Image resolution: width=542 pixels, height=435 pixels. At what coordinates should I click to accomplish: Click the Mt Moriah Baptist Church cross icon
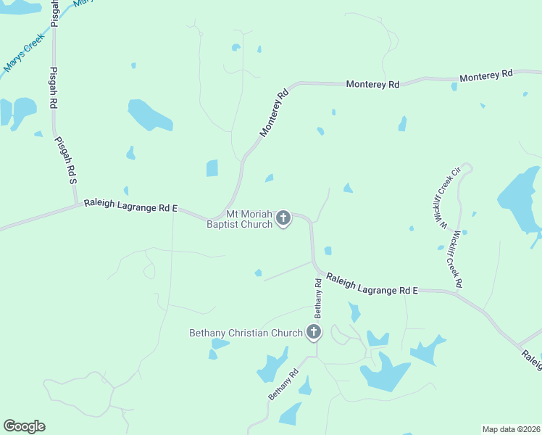[283, 217]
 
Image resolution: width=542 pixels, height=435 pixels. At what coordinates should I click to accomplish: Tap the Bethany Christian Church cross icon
[314, 333]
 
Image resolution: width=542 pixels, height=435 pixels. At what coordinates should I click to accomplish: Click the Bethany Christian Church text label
[246, 333]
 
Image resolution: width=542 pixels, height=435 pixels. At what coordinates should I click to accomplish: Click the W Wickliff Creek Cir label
[445, 201]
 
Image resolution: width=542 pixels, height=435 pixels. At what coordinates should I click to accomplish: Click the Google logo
[24, 426]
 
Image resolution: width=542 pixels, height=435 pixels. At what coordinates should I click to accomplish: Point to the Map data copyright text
[511, 429]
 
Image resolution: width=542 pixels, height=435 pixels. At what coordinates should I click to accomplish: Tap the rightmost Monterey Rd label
[486, 75]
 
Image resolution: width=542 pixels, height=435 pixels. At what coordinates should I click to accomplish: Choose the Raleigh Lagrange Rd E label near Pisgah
[130, 206]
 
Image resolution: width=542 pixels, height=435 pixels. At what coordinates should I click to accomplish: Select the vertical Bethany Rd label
[317, 297]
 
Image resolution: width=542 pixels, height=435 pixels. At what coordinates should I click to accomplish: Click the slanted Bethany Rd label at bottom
[283, 386]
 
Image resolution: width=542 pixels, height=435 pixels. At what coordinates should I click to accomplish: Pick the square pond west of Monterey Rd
[212, 168]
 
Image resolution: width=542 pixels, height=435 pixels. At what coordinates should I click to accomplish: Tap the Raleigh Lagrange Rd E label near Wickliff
[372, 285]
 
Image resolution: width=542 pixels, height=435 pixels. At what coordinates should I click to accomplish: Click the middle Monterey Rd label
[372, 84]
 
